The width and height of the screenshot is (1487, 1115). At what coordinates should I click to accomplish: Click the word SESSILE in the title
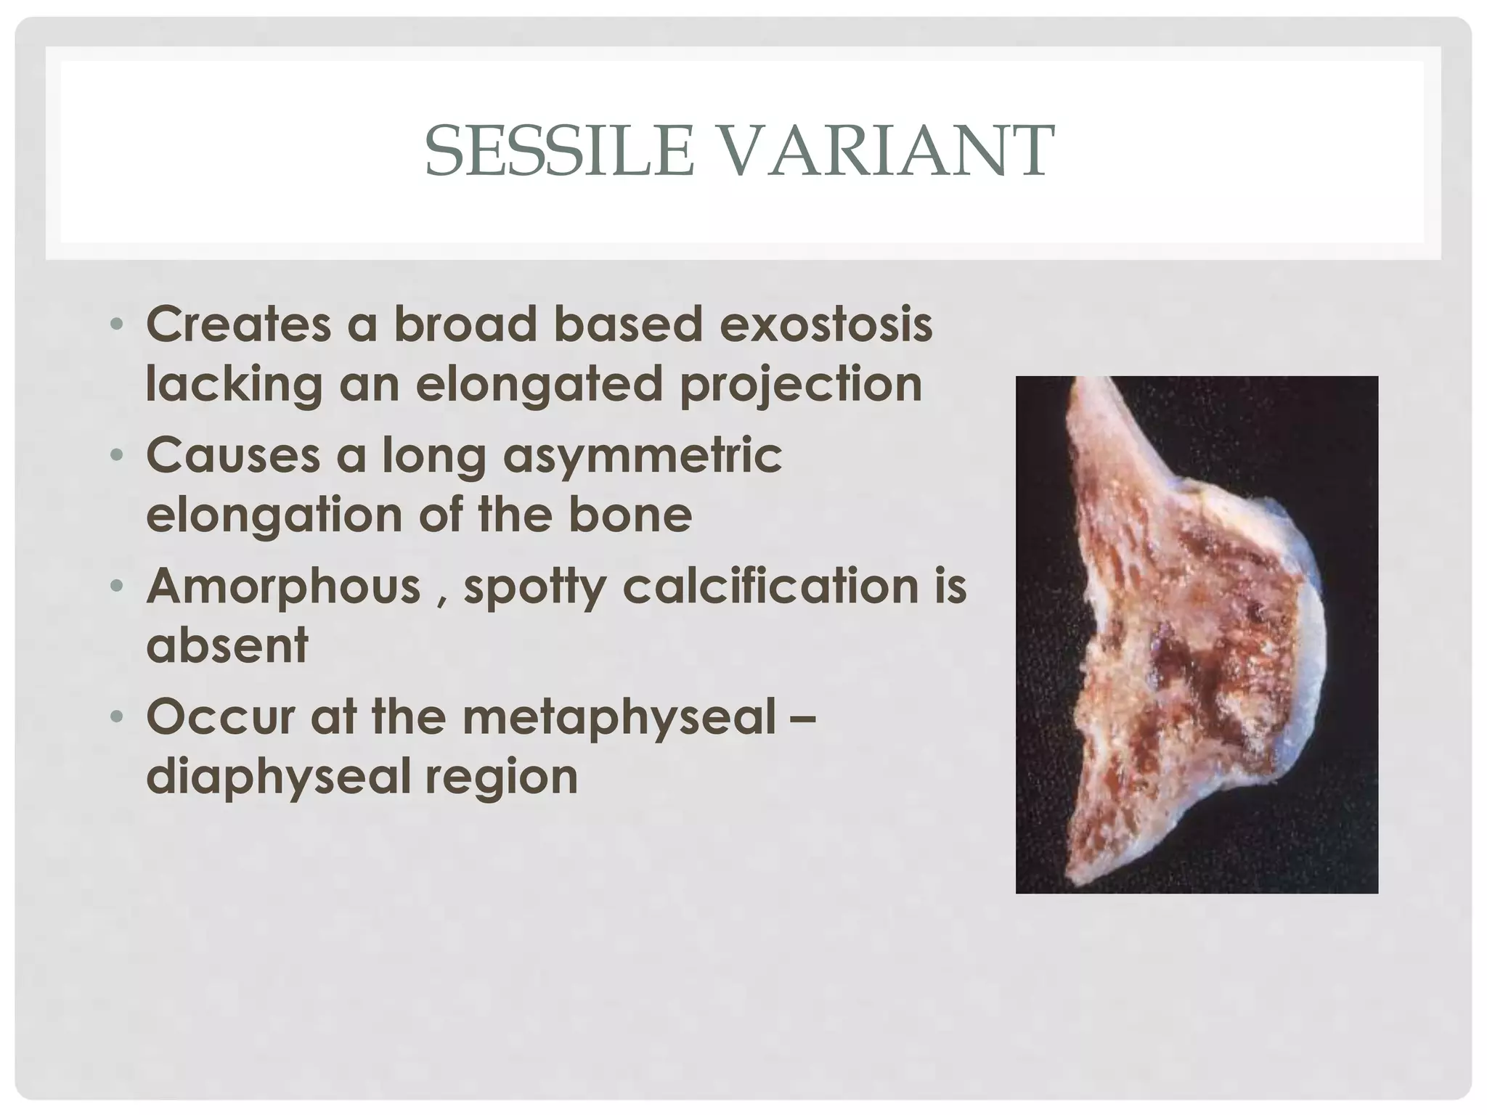point(559,151)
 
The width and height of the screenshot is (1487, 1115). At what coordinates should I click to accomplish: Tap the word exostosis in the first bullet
point(826,324)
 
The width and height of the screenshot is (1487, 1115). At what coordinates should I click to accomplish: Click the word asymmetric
point(643,456)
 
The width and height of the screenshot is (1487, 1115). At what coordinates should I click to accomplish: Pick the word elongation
point(273,515)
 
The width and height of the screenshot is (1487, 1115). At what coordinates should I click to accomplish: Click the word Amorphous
point(283,587)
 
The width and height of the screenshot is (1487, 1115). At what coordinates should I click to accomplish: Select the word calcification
point(771,587)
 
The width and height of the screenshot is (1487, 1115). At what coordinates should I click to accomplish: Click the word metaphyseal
point(619,717)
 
